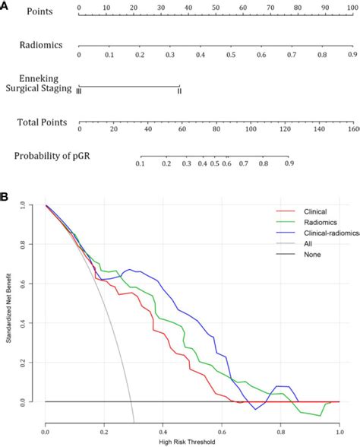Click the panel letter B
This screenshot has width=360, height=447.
click(x=5, y=196)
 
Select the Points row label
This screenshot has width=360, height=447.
click(x=43, y=12)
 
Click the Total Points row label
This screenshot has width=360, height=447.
click(x=43, y=122)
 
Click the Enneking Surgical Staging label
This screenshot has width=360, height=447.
click(x=44, y=83)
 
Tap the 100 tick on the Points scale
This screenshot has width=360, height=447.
click(x=352, y=7)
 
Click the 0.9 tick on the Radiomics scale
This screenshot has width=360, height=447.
click(x=352, y=55)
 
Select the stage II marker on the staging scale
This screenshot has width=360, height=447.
click(x=179, y=91)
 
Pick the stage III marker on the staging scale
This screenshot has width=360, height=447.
click(x=79, y=91)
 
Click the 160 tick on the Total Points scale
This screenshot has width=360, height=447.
click(x=353, y=130)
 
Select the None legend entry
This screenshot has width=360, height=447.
click(x=305, y=254)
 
